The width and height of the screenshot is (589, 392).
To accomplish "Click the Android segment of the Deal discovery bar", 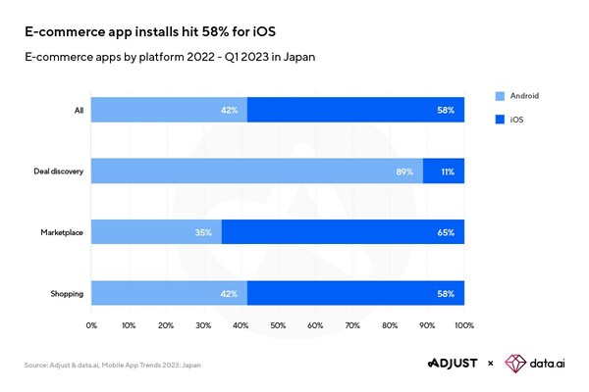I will (x=255, y=171).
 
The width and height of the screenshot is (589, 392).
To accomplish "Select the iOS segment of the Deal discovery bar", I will (x=444, y=171).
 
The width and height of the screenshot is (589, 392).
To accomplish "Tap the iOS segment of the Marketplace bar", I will (x=343, y=232).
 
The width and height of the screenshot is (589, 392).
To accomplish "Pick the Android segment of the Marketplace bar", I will (x=156, y=232).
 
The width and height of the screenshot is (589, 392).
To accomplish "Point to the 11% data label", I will (x=447, y=171).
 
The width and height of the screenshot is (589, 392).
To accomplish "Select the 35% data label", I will (x=203, y=232).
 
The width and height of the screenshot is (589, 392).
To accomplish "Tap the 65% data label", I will (x=446, y=232).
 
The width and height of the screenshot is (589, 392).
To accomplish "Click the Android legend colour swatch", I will (x=501, y=95).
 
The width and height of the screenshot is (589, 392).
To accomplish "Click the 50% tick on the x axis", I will (x=278, y=324).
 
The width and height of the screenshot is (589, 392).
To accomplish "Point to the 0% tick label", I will (x=91, y=324).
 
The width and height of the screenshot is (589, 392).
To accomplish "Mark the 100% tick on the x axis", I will (x=464, y=324).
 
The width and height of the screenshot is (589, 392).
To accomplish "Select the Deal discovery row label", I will (x=57, y=171).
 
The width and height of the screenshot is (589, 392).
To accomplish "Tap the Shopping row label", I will (x=66, y=293).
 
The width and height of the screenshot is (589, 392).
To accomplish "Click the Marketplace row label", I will (x=61, y=232).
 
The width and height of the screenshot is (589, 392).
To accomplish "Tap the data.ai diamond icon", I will (x=516, y=364).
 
